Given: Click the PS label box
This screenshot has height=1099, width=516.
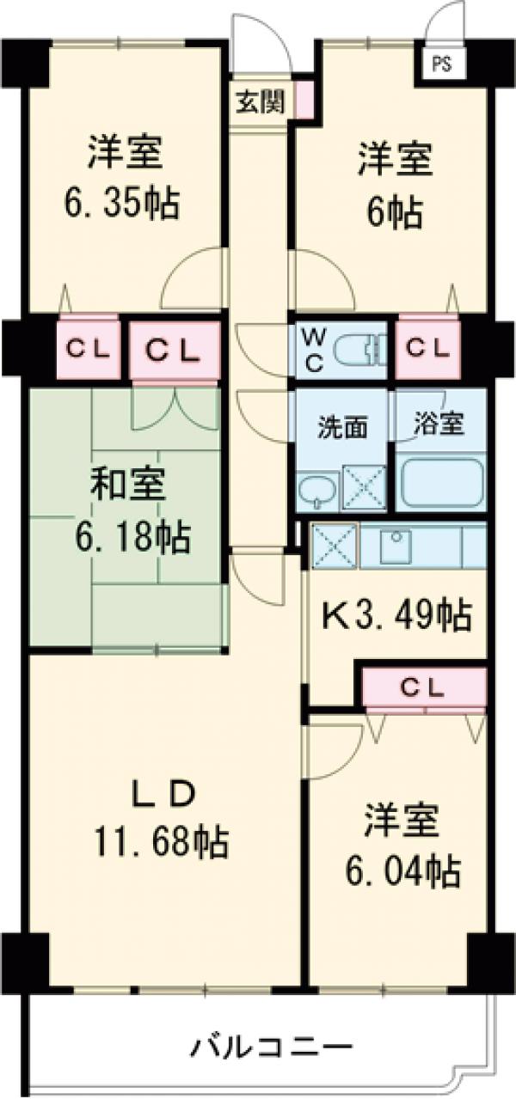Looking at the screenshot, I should [441, 64].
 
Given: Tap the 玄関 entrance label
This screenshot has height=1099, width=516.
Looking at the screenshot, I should [260, 101].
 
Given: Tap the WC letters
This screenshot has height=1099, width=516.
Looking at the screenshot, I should [314, 350].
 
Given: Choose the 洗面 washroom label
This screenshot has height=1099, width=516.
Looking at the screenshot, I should [343, 427].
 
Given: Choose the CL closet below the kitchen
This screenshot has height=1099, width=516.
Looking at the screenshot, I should [423, 687].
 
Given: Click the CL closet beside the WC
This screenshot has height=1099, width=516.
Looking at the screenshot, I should [428, 348].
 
